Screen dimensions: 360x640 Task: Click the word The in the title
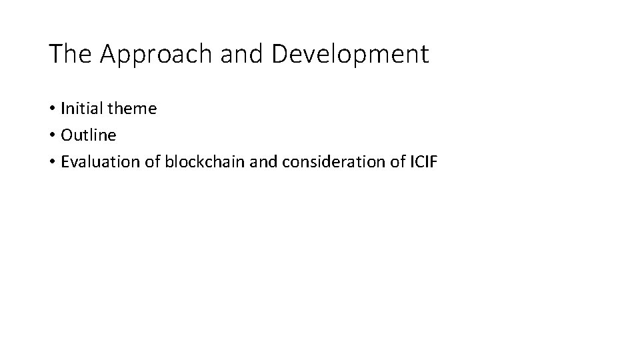coord(69,54)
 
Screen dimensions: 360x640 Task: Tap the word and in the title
coord(243,54)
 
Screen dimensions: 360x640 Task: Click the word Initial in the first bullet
coord(80,109)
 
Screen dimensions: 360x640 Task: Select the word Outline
coord(88,135)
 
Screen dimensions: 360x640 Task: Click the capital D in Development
coord(279,54)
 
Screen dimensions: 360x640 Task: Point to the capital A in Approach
coord(108,54)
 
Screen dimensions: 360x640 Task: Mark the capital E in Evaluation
coord(65,162)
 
